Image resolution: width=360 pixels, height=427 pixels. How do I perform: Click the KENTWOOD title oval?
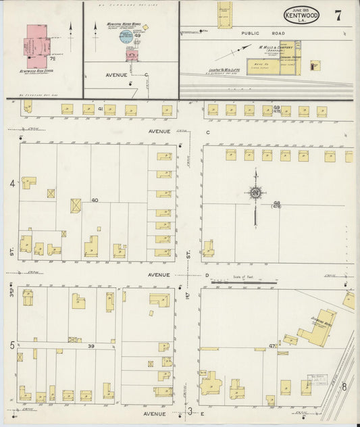297,15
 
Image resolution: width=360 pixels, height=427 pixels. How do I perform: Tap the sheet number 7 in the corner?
337,16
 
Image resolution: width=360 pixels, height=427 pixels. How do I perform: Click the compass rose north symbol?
256,195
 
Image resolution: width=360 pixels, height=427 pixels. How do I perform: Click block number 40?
95,200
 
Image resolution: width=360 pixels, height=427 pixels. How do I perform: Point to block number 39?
91,345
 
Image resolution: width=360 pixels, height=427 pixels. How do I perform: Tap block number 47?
272,345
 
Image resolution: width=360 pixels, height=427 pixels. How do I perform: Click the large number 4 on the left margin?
11,183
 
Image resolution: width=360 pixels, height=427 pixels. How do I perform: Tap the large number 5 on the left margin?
11,345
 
